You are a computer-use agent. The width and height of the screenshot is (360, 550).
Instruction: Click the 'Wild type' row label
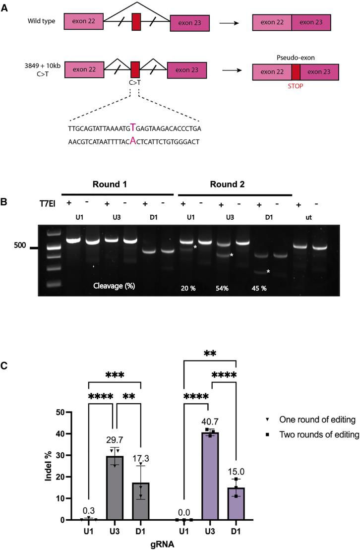point(42,22)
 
